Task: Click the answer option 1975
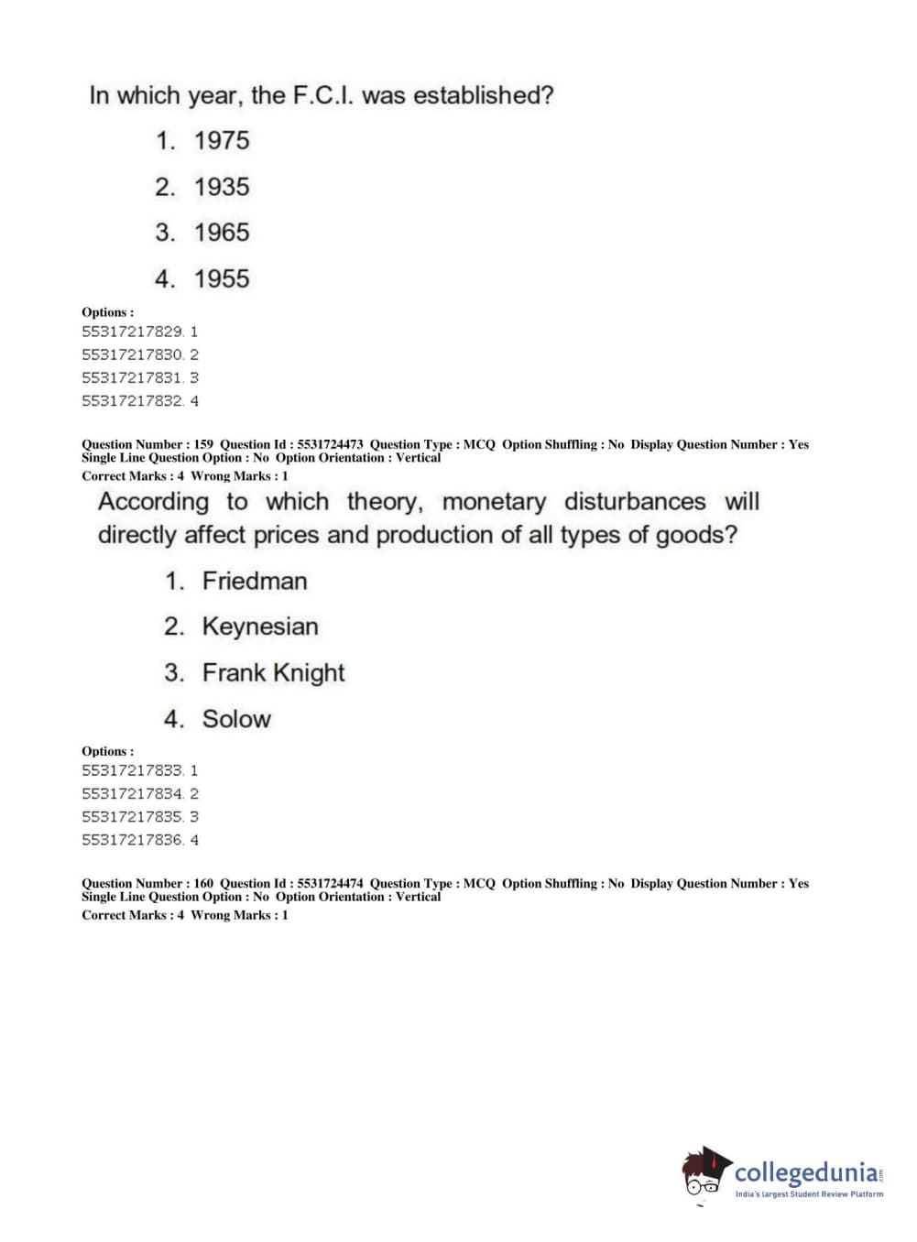point(221,141)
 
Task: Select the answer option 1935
point(221,187)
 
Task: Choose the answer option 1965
point(221,233)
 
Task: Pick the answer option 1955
point(221,278)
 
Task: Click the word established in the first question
point(483,95)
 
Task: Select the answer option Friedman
point(255,581)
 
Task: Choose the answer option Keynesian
point(260,626)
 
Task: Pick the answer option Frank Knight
point(273,673)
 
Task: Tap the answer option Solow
point(236,719)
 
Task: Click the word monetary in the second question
point(494,502)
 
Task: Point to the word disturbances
point(635,502)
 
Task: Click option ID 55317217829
point(133,332)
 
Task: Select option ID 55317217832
point(133,401)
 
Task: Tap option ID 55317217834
point(133,794)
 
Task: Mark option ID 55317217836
point(133,840)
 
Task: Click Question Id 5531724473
point(330,444)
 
